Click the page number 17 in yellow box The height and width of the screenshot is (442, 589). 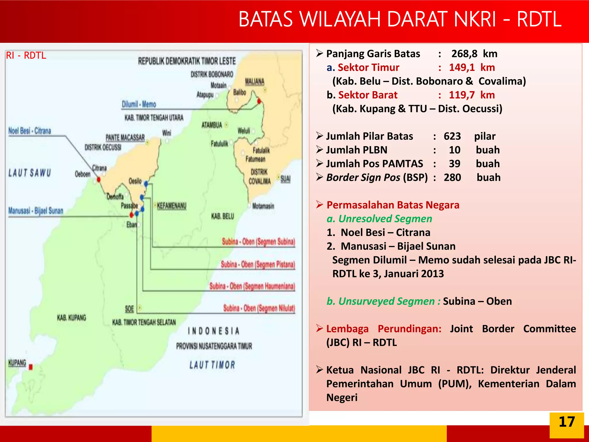566,422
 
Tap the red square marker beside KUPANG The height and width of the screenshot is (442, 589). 31,367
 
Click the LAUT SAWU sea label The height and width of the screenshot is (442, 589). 30,173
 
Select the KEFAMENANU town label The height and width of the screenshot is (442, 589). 172,206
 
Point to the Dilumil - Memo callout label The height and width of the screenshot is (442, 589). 139,104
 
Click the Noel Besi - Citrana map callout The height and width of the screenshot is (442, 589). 30,131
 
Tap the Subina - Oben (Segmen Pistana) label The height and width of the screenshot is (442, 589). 258,264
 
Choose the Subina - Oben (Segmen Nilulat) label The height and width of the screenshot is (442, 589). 259,308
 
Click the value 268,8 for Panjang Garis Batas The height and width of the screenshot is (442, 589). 464,54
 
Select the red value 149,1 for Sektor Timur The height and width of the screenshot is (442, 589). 462,68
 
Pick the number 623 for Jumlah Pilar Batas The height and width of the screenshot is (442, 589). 452,136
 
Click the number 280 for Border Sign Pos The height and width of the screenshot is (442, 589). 452,178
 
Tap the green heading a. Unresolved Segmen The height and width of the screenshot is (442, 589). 379,219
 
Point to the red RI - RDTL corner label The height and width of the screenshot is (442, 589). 26,55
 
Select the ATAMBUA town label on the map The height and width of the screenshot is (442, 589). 212,125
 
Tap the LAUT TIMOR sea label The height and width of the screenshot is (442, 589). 212,365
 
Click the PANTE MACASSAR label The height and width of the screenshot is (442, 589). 125,137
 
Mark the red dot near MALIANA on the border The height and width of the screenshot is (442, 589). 259,101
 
